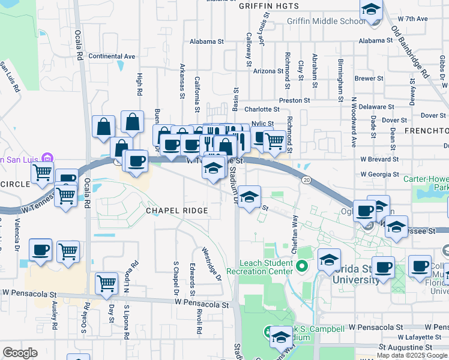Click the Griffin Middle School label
tap(325, 21)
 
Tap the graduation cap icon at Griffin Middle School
tap(372, 11)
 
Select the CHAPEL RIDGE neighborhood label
tap(178, 211)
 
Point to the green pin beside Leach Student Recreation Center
tap(302, 266)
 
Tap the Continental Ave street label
tap(112, 56)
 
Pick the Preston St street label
tap(294, 101)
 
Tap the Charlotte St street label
tap(262, 110)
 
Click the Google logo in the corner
tap(20, 353)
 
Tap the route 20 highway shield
tap(306, 179)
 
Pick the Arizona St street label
tap(268, 71)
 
